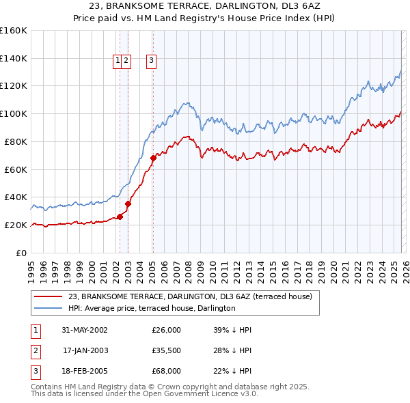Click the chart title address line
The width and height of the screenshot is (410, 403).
pyautogui.click(x=205, y=6)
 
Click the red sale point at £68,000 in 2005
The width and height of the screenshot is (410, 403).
pyautogui.click(x=152, y=158)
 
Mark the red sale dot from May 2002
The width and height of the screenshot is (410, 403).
pyautogui.click(x=120, y=217)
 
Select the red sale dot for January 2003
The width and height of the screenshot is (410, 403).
pyautogui.click(x=128, y=203)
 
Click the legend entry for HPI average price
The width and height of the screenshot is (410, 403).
pyautogui.click(x=152, y=309)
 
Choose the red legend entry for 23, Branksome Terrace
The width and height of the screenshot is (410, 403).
pyautogui.click(x=189, y=296)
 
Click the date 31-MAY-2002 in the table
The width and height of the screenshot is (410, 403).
pyautogui.click(x=85, y=330)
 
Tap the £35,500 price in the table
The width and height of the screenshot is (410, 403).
pyautogui.click(x=166, y=350)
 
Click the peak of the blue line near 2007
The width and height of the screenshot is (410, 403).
pyautogui.click(x=185, y=103)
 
